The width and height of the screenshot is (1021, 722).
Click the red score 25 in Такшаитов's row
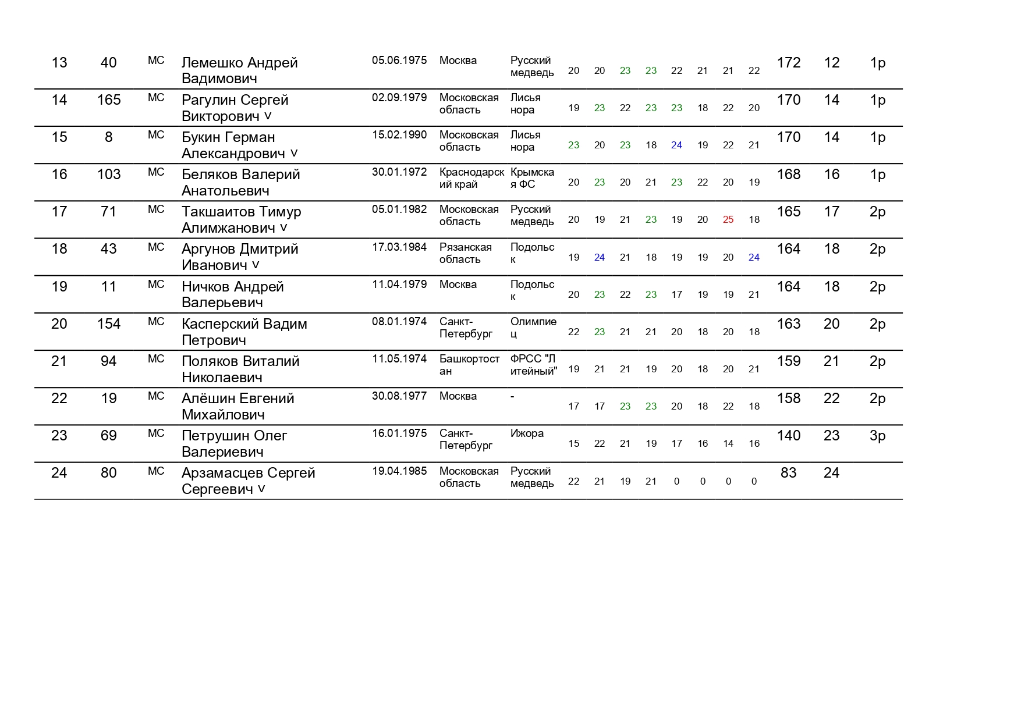tap(728, 220)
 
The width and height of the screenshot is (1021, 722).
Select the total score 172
tap(788, 63)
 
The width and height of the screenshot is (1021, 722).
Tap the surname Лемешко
tap(212, 63)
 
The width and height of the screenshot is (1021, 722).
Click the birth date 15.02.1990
tap(399, 135)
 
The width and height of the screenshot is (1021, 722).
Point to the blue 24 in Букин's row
tap(676, 145)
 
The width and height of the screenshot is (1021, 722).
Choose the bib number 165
tap(108, 100)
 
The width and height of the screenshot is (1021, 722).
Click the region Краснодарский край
tap(471, 178)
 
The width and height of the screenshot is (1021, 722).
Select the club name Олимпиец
tap(533, 328)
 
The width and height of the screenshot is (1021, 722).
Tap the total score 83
tap(788, 473)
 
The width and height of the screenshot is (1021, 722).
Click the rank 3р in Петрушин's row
tap(877, 436)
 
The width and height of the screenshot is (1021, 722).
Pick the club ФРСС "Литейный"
tap(533, 365)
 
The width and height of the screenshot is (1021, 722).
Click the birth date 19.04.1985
tap(399, 471)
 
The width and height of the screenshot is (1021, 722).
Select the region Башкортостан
tap(469, 365)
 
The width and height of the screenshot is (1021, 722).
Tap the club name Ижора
tap(527, 433)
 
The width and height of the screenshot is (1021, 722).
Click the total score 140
tap(788, 436)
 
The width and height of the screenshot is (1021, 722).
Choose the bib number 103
tap(108, 175)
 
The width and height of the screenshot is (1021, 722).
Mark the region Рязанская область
tap(465, 253)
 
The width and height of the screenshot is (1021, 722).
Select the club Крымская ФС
tap(531, 178)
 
